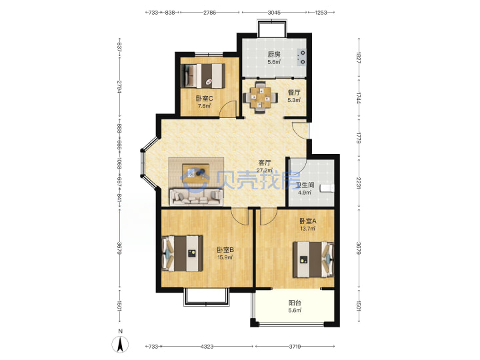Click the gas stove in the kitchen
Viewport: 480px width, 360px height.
click(x=301, y=57)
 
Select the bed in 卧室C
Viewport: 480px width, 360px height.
click(x=203, y=75)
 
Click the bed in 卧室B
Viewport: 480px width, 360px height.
click(x=182, y=253)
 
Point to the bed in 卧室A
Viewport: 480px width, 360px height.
click(x=313, y=259)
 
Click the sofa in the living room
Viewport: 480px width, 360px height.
click(x=196, y=197)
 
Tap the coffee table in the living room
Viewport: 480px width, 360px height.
click(x=196, y=173)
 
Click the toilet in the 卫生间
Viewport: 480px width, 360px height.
click(x=327, y=188)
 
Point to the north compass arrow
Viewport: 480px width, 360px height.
click(x=120, y=344)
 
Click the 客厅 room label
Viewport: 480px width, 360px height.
click(x=265, y=163)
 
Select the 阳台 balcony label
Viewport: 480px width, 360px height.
click(x=295, y=303)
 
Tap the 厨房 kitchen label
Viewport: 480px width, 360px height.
click(x=274, y=55)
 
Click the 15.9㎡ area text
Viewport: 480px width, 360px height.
click(x=225, y=257)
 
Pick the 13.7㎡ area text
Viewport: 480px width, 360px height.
click(x=307, y=229)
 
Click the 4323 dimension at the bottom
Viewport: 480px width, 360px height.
click(x=207, y=347)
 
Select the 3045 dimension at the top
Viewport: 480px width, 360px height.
click(x=274, y=13)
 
